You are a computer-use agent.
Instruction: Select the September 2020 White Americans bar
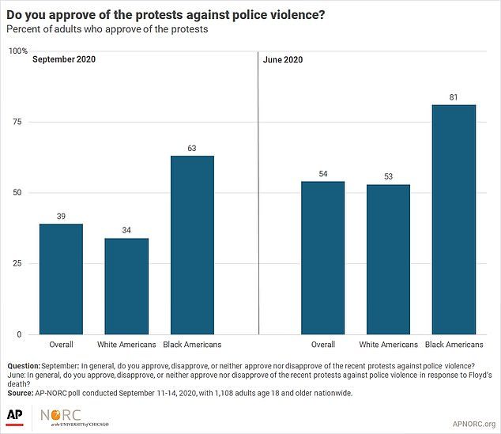(126, 286)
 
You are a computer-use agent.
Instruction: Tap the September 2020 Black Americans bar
(192, 245)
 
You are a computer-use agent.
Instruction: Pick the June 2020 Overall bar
(322, 258)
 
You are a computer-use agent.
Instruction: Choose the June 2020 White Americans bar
(388, 259)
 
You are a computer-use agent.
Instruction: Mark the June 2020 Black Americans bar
(454, 219)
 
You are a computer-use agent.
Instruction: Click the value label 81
(454, 98)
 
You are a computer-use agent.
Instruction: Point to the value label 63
(192, 149)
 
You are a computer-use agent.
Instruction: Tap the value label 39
(61, 217)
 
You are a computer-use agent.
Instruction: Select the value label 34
(126, 231)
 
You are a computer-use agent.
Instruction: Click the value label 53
(388, 177)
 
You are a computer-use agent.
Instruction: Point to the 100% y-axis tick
(18, 51)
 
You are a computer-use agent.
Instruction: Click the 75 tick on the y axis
(20, 122)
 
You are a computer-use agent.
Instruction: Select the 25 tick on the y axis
(20, 263)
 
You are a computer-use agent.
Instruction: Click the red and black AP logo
(15, 416)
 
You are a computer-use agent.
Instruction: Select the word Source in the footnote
(21, 392)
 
